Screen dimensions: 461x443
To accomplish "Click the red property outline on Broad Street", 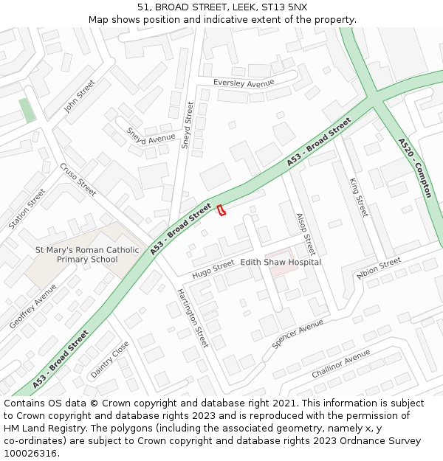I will [220, 210].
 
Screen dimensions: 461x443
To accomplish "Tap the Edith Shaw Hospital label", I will [281, 262].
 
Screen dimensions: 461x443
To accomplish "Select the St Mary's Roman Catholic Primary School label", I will [87, 254].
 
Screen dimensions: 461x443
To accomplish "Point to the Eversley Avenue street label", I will [238, 83].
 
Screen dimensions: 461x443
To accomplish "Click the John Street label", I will [79, 96].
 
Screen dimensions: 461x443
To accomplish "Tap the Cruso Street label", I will [78, 179].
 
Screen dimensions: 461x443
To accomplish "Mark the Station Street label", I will [27, 209].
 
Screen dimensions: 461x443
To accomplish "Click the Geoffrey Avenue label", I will [33, 306].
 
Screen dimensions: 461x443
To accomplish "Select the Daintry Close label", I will [109, 359].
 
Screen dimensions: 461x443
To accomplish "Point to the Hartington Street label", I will [192, 317].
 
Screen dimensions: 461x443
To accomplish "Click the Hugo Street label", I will [213, 270].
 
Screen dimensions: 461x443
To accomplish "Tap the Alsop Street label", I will [305, 235].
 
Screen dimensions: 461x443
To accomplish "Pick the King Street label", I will [358, 197].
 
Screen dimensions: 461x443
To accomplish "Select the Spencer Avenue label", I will [298, 333].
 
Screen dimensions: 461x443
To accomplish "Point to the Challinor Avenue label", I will [340, 364].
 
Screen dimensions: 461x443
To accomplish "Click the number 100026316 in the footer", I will [32, 454].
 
